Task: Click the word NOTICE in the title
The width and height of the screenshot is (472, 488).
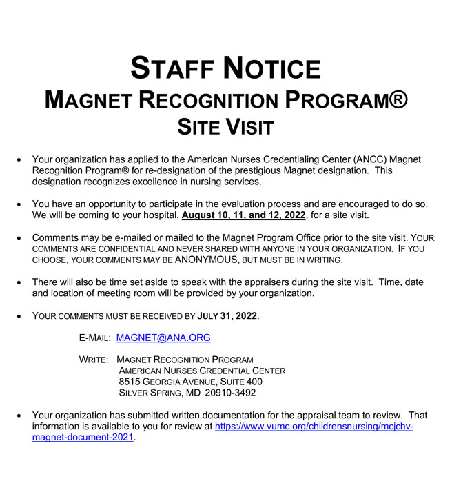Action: pos(274,68)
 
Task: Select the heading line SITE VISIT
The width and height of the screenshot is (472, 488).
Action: pos(226,127)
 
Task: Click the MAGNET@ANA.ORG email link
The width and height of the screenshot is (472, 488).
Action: pos(163,338)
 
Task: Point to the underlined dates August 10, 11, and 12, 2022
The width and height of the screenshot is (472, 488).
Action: pos(243,215)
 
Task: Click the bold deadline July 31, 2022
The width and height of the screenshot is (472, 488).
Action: pos(227,316)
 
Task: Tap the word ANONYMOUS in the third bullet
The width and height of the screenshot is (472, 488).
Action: pos(207,260)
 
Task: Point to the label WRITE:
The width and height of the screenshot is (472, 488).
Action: pos(94,360)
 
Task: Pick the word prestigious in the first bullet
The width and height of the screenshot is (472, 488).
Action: pos(252,170)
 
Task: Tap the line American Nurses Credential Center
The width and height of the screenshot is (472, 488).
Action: pos(202,371)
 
